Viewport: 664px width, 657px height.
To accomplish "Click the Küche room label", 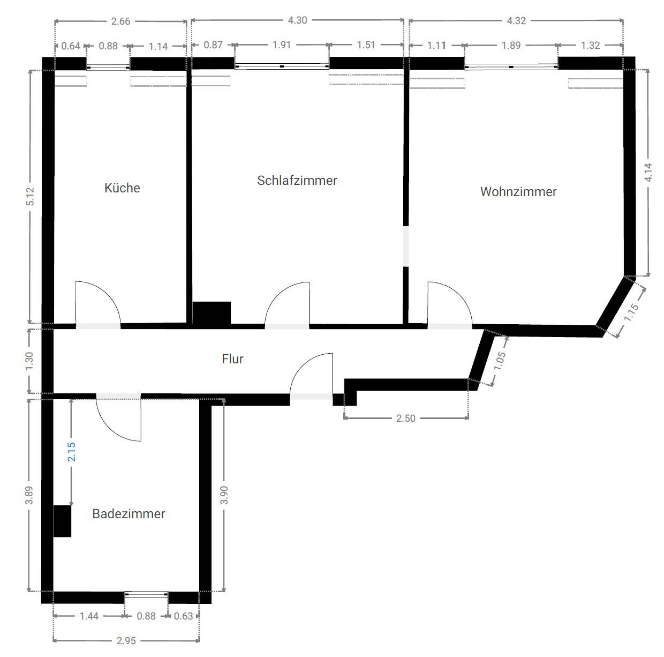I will [x=122, y=188].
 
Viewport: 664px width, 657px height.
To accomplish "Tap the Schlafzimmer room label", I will [x=297, y=181].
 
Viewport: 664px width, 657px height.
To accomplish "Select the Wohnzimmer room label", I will [x=518, y=192].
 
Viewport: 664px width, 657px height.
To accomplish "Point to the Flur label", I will [x=232, y=359].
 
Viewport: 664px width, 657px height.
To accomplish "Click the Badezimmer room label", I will [x=129, y=514].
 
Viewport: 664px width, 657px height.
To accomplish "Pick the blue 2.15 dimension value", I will [x=71, y=452].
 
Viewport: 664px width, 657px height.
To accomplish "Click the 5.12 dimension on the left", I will [x=31, y=196].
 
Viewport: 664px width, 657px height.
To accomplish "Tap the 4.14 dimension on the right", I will [x=648, y=173].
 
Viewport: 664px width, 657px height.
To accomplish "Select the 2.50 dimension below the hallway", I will [x=405, y=418].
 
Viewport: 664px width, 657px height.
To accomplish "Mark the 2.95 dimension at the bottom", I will [x=126, y=640].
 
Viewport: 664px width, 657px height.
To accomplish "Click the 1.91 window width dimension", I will [x=282, y=45].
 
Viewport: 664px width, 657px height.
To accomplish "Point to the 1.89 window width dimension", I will [x=511, y=46].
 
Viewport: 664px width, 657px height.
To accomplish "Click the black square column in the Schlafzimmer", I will [x=212, y=313].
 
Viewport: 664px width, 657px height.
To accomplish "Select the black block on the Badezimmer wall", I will [x=63, y=521].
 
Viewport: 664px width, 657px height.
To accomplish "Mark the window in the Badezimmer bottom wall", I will [x=146, y=594].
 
